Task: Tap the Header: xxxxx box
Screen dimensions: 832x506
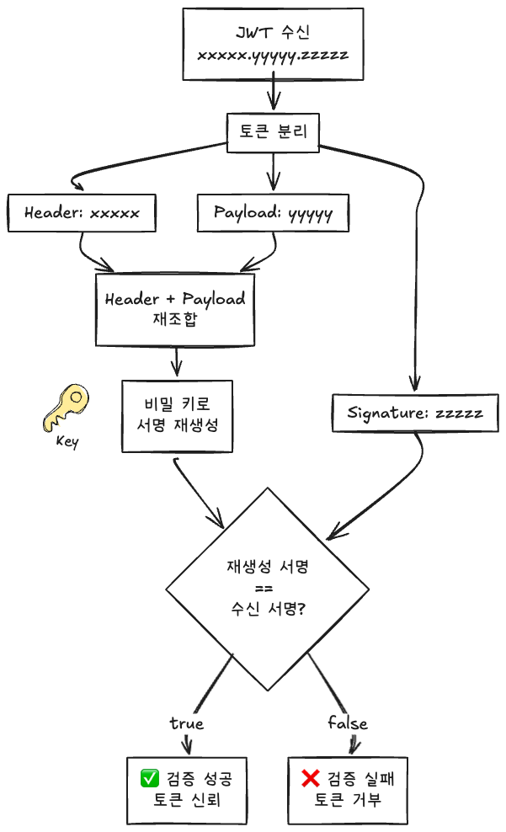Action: pos(81,212)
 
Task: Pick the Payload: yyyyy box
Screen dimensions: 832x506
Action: pos(273,212)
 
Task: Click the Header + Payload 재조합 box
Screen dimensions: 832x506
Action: pos(175,309)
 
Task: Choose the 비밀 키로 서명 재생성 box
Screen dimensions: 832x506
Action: pos(177,416)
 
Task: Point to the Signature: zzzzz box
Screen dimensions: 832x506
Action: pos(415,413)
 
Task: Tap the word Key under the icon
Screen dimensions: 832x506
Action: pos(67,441)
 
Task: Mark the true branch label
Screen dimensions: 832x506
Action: pos(186,723)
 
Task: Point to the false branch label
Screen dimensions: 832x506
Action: pos(347,723)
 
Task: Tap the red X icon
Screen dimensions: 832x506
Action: pos(310,777)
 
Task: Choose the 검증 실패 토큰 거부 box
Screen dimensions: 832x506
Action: pos(348,788)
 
